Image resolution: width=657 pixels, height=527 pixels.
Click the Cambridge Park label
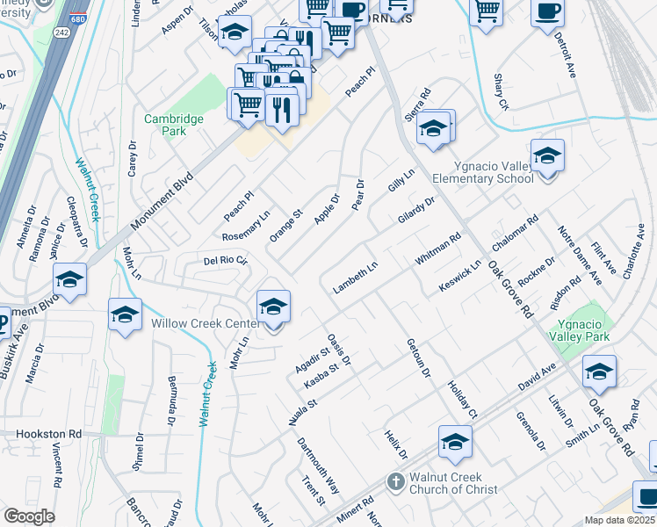coord(175,125)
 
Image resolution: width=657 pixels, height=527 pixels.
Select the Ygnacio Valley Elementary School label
coord(482,171)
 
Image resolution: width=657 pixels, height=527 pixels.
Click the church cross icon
coord(396,482)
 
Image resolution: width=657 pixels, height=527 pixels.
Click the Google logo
coord(29,516)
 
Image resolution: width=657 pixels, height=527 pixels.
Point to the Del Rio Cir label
coord(227,261)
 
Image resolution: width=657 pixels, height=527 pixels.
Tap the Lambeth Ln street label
coord(355,278)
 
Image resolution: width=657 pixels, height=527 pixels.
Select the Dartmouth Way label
coord(317,466)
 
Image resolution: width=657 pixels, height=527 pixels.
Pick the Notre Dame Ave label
coord(581,255)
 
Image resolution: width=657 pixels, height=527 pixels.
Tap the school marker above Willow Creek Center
coord(273,307)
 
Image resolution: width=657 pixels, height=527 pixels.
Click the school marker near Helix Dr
coord(455,443)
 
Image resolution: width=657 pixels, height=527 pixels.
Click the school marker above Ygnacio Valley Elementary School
coord(546,156)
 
